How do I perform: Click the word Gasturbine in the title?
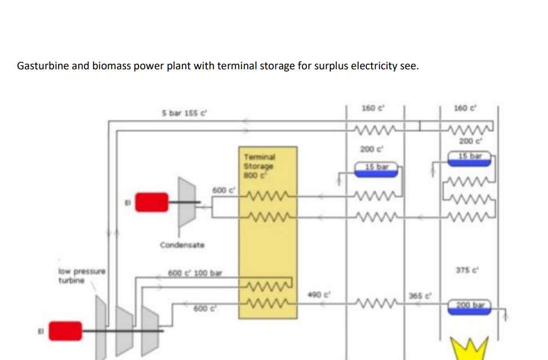[x=42, y=66]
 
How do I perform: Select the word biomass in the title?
[x=108, y=66]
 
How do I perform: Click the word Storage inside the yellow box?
[x=259, y=166]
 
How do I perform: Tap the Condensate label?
[x=182, y=245]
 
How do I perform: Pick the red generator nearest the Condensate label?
[x=151, y=202]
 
